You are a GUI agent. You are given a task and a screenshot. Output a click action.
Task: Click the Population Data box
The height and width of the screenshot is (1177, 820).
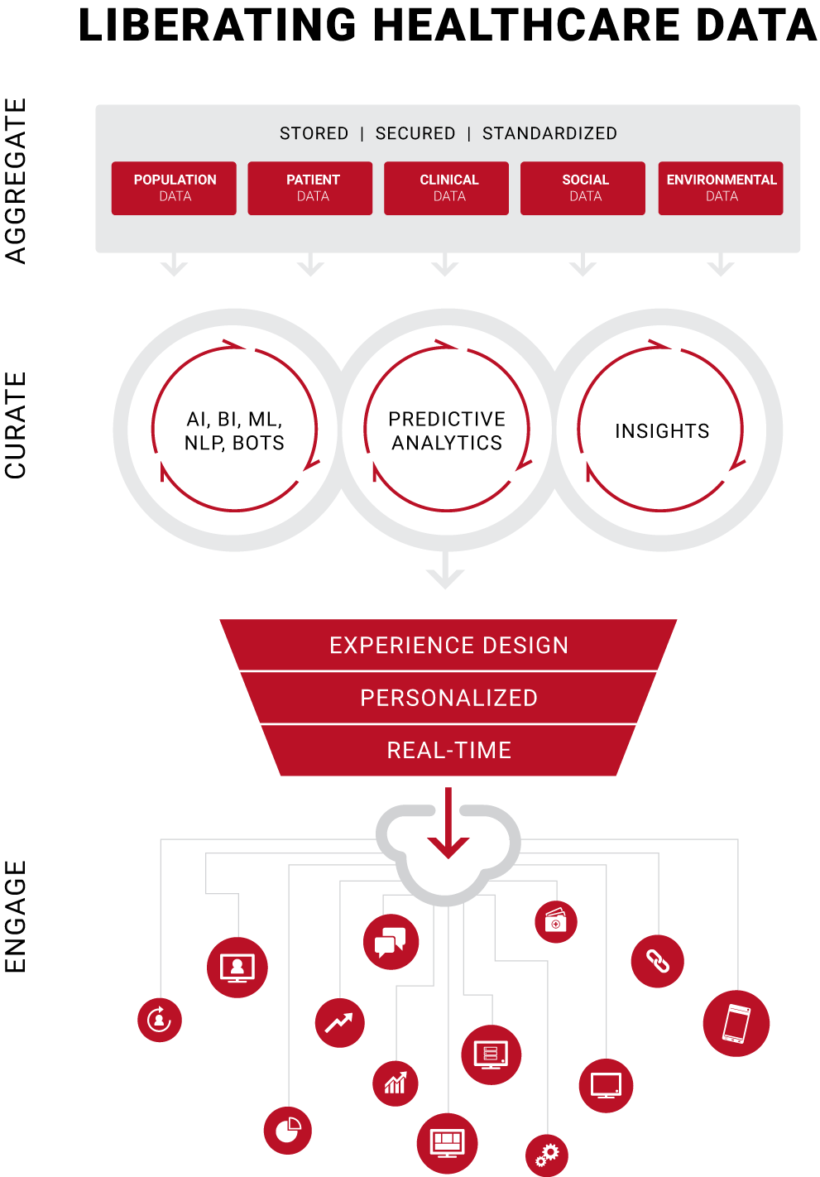[174, 188]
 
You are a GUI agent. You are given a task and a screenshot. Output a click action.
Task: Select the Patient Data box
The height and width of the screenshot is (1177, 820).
[310, 188]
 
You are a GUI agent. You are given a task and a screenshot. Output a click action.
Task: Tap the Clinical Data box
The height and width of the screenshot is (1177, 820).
[447, 188]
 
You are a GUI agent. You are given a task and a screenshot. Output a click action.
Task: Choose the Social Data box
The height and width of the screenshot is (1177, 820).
[583, 188]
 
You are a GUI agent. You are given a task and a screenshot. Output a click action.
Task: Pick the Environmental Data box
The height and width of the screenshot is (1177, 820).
[721, 188]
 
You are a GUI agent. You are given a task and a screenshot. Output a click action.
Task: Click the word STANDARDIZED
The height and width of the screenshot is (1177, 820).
[549, 133]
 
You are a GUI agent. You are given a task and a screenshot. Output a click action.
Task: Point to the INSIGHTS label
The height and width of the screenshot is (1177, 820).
[662, 431]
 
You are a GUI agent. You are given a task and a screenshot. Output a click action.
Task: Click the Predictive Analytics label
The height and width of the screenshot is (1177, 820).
[447, 431]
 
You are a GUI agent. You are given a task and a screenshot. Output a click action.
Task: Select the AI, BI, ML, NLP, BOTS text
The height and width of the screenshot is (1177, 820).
[234, 431]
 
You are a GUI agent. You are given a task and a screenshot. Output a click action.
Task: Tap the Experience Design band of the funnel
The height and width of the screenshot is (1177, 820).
[448, 645]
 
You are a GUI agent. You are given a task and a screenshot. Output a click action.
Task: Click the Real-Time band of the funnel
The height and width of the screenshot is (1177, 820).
[448, 750]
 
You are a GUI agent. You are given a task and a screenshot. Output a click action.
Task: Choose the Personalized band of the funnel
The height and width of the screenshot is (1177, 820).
[448, 698]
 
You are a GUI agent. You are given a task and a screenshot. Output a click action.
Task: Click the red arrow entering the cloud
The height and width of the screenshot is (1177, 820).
[448, 822]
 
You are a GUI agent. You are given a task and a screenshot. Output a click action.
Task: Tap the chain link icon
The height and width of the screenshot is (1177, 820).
[657, 961]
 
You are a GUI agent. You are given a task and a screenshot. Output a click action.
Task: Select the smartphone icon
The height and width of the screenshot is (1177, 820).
[736, 1023]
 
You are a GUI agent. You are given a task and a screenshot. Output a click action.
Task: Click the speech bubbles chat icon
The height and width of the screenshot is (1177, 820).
[391, 942]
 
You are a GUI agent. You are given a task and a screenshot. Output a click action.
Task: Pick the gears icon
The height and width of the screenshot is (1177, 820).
[547, 1155]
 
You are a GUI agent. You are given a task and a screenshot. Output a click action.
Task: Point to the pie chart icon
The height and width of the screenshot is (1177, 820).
[287, 1131]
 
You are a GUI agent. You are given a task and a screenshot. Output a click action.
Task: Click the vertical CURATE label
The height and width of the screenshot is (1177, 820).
[15, 425]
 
